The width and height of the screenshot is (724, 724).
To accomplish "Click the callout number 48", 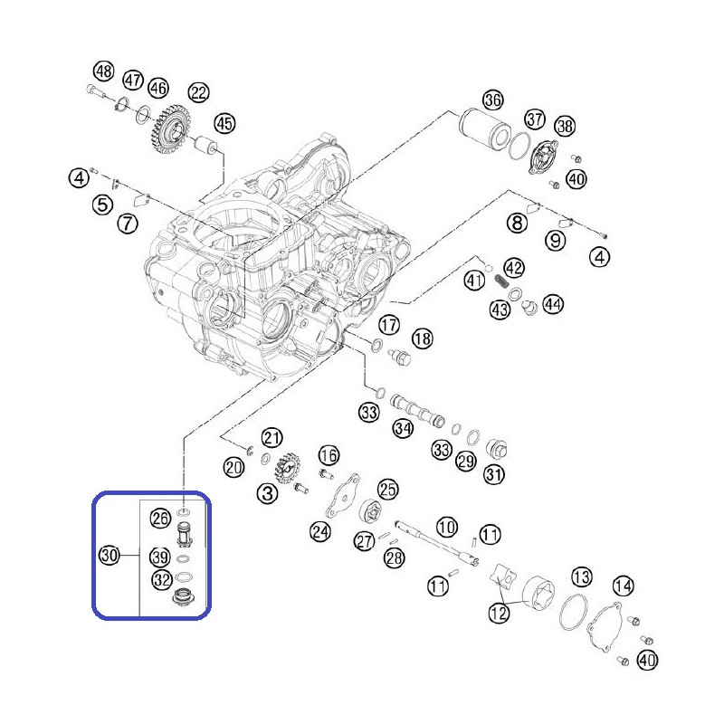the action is (103, 71).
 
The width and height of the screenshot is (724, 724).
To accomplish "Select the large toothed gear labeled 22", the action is (170, 129).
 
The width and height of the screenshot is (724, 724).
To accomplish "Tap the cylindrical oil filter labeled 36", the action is (484, 128).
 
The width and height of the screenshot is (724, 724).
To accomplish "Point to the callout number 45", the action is (224, 124).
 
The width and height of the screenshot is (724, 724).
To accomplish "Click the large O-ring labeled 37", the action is (519, 146).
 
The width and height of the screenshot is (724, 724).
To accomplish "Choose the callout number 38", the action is (565, 126).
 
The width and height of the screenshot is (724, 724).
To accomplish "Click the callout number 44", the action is (553, 304).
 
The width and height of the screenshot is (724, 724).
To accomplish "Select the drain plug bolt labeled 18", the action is (400, 357).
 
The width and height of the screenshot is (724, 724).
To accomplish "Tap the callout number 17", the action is (389, 325).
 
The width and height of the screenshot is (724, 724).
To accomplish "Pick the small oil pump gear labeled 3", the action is (287, 468).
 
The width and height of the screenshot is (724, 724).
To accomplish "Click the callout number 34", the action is (403, 428).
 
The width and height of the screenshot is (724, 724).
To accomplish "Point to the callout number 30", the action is (110, 555).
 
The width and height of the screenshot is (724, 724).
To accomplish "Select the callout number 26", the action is (160, 519).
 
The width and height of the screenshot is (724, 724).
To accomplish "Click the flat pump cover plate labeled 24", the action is (343, 496).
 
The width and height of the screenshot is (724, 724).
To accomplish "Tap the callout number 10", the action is (446, 527).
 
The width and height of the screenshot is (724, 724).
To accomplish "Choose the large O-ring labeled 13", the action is (574, 613).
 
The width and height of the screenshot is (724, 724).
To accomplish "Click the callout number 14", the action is (623, 586).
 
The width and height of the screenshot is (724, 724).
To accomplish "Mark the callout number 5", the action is (102, 205).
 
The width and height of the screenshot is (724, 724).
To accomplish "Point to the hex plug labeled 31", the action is (497, 449).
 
